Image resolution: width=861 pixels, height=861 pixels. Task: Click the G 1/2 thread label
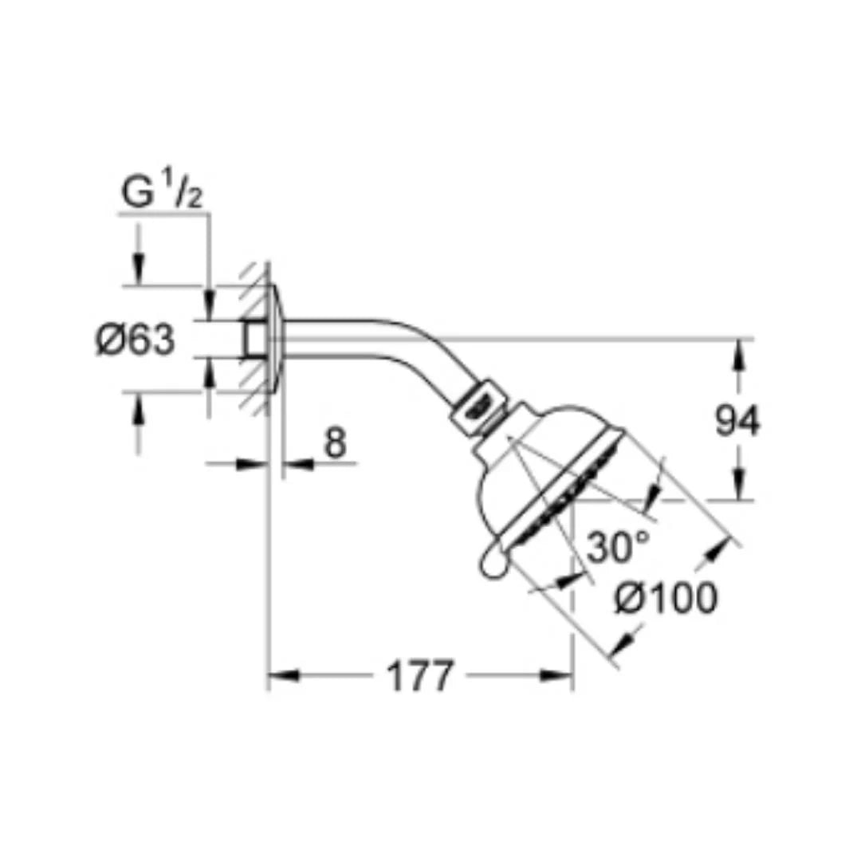(163, 194)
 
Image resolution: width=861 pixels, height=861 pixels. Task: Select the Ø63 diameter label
(135, 340)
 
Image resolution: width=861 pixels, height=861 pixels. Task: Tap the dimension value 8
(336, 443)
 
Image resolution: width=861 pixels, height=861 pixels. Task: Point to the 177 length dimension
(419, 677)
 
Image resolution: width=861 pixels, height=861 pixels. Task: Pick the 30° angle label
(618, 548)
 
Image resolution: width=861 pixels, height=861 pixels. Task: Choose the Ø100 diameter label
(665, 599)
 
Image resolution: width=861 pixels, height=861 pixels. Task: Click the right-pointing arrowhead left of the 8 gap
(255, 463)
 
